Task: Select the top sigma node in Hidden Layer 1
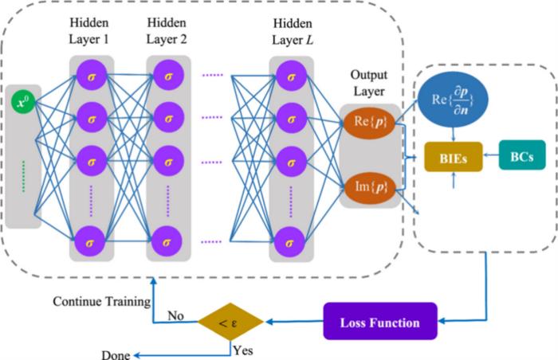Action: (x=92, y=76)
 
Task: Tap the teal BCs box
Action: (x=522, y=155)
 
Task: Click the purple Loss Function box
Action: (x=380, y=323)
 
